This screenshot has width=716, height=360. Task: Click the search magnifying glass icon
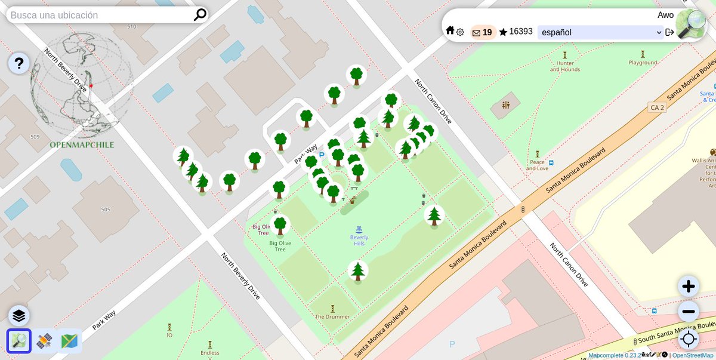coord(200,15)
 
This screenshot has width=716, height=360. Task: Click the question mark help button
coord(19,63)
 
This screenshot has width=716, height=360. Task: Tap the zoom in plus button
coord(689,287)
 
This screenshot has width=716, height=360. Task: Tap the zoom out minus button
coord(689,312)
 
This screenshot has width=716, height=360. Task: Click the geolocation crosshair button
coord(689,339)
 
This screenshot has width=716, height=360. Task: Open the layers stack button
coord(19,316)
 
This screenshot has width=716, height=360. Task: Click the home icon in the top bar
coord(450,30)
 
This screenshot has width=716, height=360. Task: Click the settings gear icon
coord(460,32)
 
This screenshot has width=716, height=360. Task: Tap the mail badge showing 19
coord(482,32)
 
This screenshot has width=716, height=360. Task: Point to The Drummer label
coord(332,316)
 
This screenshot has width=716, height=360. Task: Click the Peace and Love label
coord(538,165)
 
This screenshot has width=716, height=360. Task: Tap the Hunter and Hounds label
coord(564,66)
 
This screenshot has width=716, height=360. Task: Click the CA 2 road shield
coord(657,107)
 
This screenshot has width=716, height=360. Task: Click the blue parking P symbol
coord(322,155)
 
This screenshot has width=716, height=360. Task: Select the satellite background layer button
coord(45,341)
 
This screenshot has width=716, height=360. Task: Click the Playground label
coord(643,63)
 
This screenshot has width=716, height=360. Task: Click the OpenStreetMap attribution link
coord(693,355)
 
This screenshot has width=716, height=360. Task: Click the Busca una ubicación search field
coord(98,15)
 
